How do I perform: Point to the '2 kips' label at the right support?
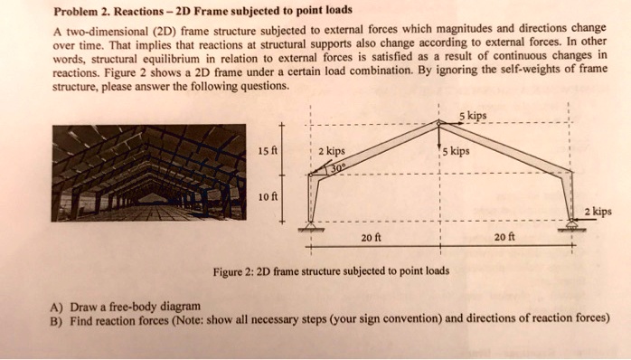tap(598, 212)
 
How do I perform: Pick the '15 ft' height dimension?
tap(267, 151)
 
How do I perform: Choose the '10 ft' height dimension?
tap(267, 196)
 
